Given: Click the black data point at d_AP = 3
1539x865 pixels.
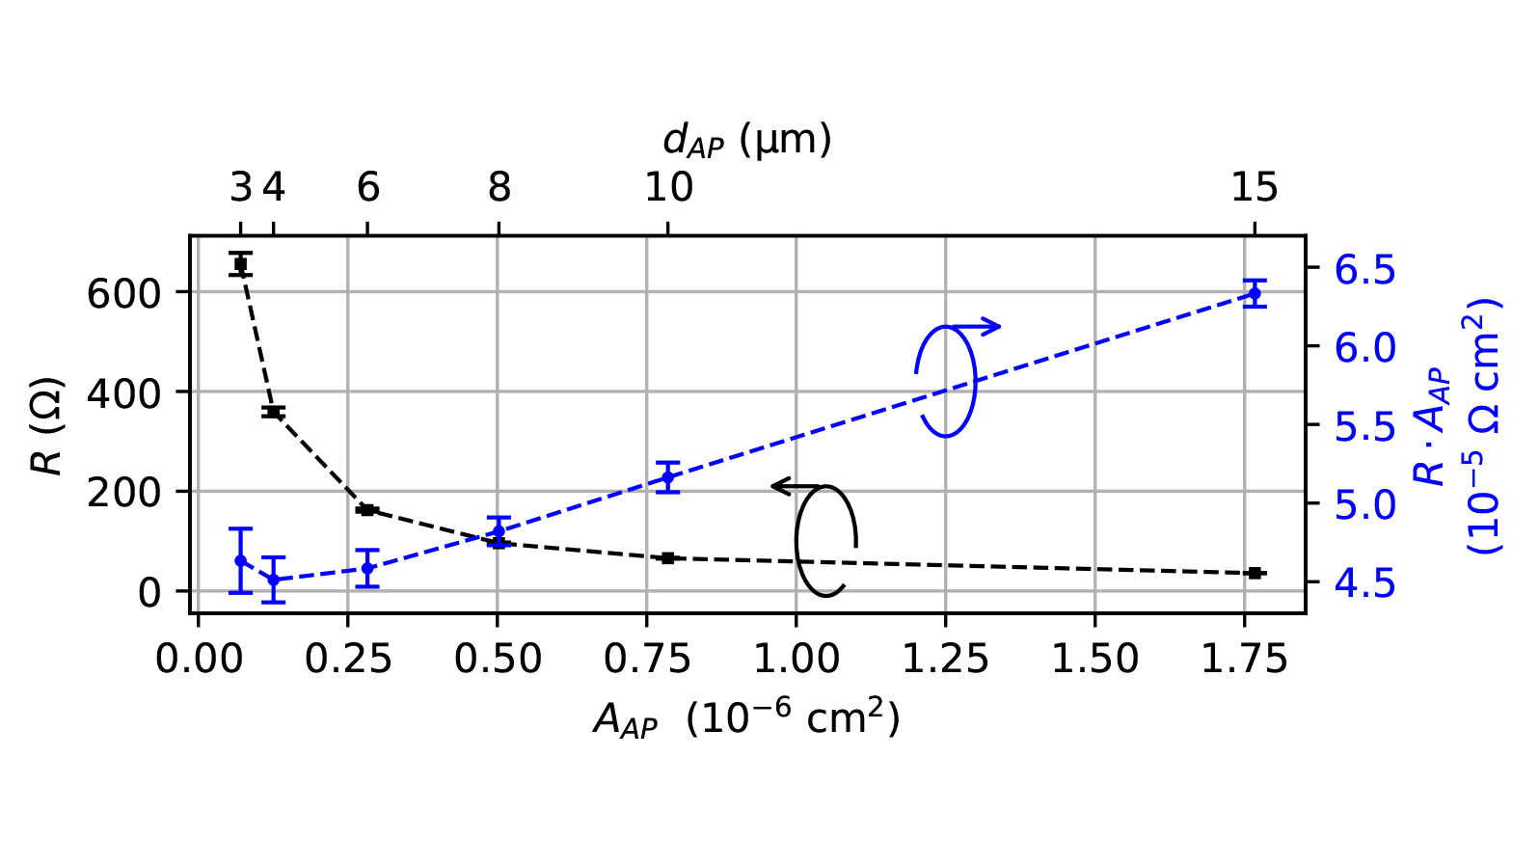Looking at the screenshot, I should click(x=241, y=263).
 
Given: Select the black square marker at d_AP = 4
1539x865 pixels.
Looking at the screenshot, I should click(x=273, y=412).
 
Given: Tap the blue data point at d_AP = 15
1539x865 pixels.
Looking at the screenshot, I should click(x=1254, y=293).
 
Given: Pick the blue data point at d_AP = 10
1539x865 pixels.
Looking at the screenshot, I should click(x=667, y=477).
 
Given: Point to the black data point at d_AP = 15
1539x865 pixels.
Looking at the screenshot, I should click(x=1254, y=573).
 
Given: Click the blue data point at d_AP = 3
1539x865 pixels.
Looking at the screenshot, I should click(x=241, y=560).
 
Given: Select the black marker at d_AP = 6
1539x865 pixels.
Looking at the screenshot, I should click(x=367, y=509).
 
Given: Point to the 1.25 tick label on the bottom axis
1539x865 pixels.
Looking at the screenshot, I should click(x=945, y=660).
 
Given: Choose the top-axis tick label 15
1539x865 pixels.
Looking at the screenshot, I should click(x=1254, y=188).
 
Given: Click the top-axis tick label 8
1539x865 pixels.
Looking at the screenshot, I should click(x=499, y=188).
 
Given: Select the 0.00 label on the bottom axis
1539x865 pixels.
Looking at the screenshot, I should click(x=198, y=660).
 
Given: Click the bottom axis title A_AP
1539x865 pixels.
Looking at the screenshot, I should click(x=746, y=719).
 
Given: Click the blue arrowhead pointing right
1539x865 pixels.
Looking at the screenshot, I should click(x=993, y=327).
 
